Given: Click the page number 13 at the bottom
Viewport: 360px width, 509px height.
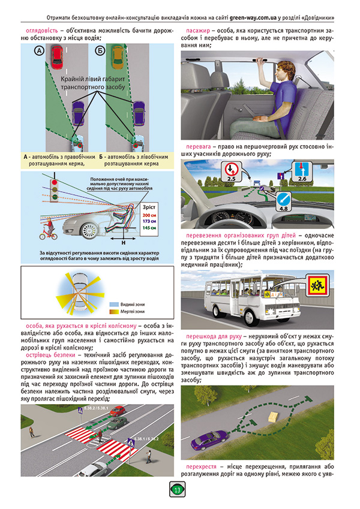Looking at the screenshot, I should (x=178, y=489).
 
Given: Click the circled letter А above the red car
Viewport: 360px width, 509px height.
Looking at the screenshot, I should (x=40, y=52).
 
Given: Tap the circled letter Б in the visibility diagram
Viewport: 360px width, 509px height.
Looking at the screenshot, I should (x=100, y=52).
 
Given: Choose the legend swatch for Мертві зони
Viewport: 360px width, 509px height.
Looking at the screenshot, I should (x=112, y=312).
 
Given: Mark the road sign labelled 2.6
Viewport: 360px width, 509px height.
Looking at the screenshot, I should (x=302, y=170).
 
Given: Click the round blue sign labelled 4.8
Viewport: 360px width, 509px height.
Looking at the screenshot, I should (x=284, y=201).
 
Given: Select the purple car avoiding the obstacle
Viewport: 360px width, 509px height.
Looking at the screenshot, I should (x=203, y=442).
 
